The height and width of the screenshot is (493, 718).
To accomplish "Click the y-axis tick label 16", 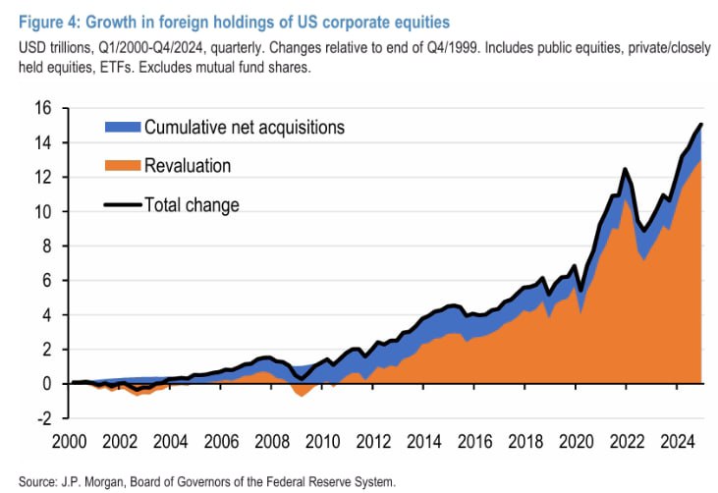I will [x=44, y=108].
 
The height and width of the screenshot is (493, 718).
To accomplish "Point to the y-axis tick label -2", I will [x=44, y=418].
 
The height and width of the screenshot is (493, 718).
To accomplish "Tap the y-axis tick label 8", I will [x=47, y=246].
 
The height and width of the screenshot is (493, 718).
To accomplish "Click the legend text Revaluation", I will [x=188, y=165].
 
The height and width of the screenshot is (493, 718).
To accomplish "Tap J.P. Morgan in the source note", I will [x=90, y=481].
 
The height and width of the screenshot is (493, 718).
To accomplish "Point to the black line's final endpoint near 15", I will [x=701, y=125].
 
